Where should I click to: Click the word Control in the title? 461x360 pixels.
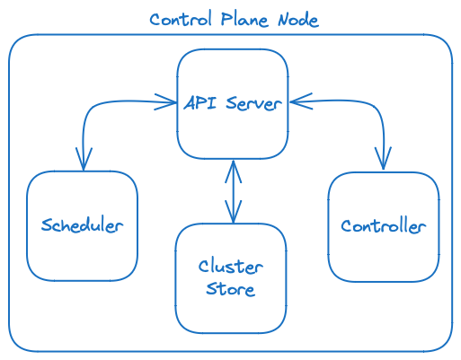tap(175, 20)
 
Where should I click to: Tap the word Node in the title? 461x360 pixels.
tap(296, 20)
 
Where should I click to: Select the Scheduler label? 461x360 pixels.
tap(82, 225)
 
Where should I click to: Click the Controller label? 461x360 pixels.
tap(384, 225)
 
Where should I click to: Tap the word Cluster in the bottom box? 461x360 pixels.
tap(231, 268)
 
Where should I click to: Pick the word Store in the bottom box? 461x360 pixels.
tap(231, 289)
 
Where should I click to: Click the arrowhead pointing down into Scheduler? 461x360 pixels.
tap(84, 162)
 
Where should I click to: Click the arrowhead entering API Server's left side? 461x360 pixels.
tap(167, 101)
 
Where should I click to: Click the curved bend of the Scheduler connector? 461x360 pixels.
tap(91, 108)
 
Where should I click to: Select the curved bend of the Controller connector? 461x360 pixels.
tap(377, 108)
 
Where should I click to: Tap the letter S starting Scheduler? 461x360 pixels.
tap(46, 225)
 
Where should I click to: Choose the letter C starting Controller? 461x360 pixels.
tap(346, 225)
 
